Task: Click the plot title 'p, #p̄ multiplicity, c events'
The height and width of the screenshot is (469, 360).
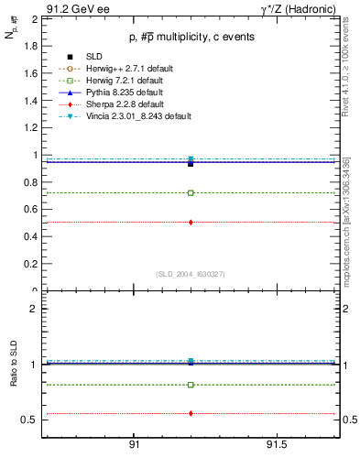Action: click(x=190, y=37)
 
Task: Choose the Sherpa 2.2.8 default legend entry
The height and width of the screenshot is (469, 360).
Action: click(x=118, y=104)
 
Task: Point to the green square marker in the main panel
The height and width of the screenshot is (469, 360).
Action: click(x=191, y=193)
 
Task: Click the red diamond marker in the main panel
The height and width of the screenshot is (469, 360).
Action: click(x=191, y=223)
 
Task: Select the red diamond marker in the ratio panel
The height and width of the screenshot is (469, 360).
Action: click(x=191, y=413)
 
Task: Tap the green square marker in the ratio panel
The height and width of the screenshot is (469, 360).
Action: click(x=191, y=385)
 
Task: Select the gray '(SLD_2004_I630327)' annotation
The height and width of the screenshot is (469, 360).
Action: click(x=190, y=273)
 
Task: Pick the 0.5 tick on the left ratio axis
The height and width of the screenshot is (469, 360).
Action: click(x=28, y=420)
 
